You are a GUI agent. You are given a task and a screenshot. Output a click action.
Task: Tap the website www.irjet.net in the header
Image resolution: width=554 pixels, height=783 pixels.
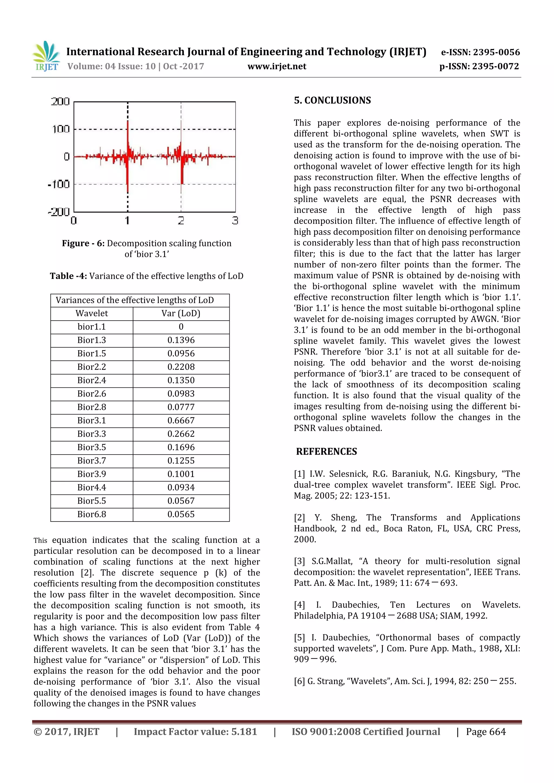(x=277, y=66)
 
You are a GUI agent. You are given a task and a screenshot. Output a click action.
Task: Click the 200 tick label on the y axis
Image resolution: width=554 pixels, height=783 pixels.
(x=60, y=102)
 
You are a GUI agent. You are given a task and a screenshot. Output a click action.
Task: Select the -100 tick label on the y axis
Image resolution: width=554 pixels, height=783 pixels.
(x=59, y=184)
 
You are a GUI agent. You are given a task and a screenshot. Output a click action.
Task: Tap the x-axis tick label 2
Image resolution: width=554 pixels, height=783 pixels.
(x=181, y=221)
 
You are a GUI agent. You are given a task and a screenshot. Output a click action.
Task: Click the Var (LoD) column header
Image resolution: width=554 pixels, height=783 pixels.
(x=181, y=313)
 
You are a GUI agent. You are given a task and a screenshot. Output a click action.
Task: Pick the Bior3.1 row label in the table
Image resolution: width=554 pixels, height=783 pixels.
(x=91, y=420)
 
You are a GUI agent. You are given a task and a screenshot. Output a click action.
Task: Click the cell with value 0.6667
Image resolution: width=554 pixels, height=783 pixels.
(x=181, y=420)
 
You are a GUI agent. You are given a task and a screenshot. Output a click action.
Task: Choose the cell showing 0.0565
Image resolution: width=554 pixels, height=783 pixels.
(x=181, y=514)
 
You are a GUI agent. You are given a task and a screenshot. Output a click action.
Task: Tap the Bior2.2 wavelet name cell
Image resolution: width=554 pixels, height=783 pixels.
(x=91, y=367)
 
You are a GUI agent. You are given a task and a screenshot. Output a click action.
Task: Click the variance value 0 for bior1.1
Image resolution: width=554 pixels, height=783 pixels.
(x=181, y=327)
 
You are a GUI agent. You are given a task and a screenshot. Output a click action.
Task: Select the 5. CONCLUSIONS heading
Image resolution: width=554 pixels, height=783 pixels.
(x=332, y=100)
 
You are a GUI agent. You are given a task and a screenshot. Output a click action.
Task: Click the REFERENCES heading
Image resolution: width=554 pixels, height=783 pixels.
(x=327, y=452)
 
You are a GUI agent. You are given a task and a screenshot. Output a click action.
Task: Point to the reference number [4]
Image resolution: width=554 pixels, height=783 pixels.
(x=299, y=605)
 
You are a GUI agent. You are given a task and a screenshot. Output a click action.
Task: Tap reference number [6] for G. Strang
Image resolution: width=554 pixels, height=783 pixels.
(x=299, y=681)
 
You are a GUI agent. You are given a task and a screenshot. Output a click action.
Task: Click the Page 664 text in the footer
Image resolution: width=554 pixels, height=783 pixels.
(x=486, y=732)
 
